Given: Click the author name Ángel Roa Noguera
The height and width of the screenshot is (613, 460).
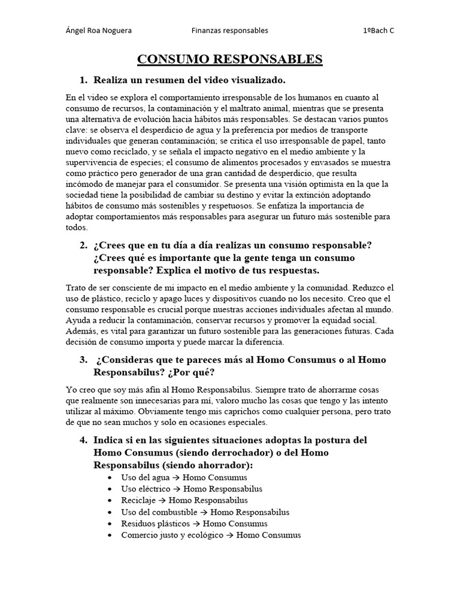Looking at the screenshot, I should [98, 31].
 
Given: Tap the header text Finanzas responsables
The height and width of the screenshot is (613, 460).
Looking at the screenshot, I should [229, 31].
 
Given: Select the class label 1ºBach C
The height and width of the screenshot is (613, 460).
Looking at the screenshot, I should [379, 31].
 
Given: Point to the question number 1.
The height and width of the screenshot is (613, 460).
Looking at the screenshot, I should [83, 80].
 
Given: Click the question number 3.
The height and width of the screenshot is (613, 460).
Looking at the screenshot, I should [83, 360].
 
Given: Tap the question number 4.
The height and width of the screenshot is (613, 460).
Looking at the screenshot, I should [83, 440].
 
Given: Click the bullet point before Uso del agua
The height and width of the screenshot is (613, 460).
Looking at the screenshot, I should [108, 477].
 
